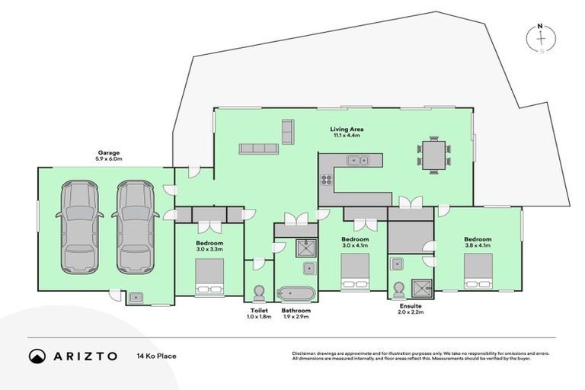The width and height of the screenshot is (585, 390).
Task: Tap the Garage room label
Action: tap(109, 152)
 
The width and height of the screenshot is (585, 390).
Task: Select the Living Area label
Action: tap(347, 129)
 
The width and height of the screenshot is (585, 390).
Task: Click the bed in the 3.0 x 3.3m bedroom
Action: tap(209, 276)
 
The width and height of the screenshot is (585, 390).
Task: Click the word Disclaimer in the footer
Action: tap(305, 353)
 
